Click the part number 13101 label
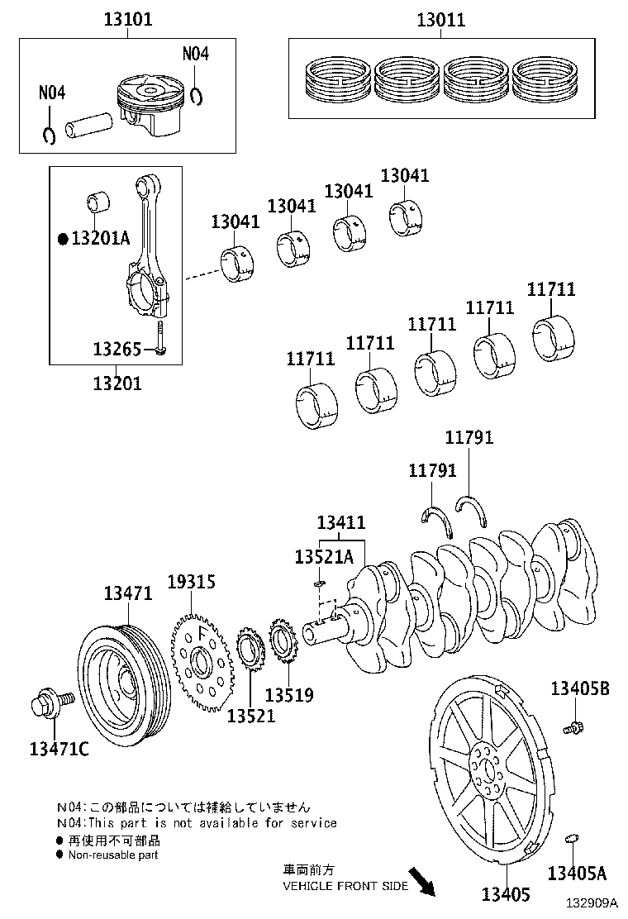pos(127,19)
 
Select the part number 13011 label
pos(440,19)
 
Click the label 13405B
pos(580,688)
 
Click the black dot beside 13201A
pos(62,239)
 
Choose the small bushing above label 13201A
pos(98,202)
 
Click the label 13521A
pos(323,556)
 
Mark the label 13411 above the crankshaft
pos(341,522)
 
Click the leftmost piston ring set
pos(335,80)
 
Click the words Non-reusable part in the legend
pos(113,855)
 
